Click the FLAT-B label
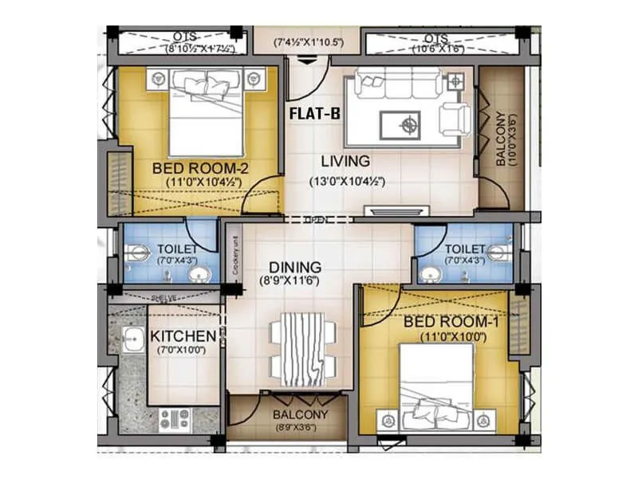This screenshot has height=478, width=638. pos(314,114)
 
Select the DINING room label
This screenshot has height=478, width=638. pos(294,268)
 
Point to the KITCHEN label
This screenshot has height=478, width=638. pos(183,336)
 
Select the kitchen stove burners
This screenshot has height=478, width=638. pos(175,417)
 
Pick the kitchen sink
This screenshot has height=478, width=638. pos(132,338)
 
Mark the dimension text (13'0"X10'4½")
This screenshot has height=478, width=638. pos(348,181)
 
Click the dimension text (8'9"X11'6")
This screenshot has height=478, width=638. pos(295,282)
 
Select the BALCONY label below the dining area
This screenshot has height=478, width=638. pos(299,415)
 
